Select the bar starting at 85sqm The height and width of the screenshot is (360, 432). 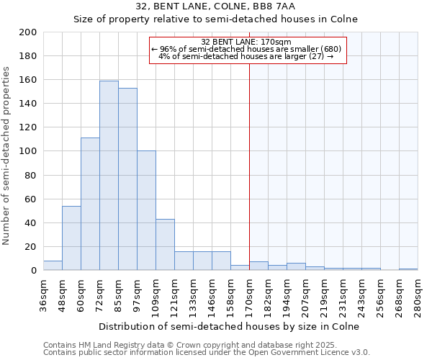(127, 179)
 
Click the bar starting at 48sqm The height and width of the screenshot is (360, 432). (71, 238)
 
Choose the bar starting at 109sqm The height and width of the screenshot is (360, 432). (165, 245)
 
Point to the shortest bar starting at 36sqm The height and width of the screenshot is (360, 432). (53, 266)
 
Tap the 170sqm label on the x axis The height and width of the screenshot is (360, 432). (249, 293)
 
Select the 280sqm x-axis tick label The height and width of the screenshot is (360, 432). (418, 293)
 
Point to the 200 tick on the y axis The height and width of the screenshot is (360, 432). (28, 32)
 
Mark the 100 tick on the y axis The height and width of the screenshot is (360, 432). (28, 151)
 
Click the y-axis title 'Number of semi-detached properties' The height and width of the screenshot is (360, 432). (7, 155)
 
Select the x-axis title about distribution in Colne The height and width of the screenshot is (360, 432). (230, 326)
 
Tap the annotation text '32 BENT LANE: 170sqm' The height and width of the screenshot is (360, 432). (246, 42)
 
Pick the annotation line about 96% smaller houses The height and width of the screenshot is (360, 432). (246, 49)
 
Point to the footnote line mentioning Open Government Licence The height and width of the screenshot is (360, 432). (207, 353)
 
